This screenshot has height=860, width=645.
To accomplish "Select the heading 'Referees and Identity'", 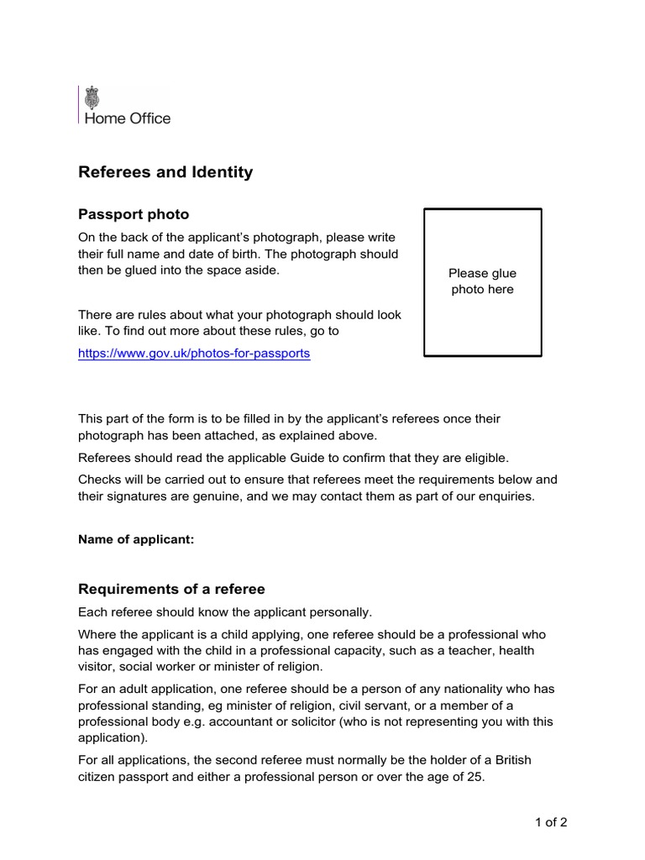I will (165, 172).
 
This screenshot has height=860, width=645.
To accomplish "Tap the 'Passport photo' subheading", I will (134, 214).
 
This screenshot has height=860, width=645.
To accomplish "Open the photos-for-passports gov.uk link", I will (194, 354).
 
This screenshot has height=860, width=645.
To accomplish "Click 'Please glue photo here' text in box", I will (482, 281).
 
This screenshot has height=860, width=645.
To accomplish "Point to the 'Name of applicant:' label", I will (136, 540).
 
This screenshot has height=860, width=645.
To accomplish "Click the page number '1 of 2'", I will (551, 822).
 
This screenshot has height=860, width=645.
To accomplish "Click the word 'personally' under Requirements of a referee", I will (341, 611).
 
